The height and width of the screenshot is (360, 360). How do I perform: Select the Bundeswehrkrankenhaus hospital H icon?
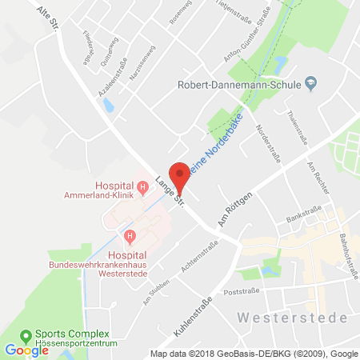tap(129, 234)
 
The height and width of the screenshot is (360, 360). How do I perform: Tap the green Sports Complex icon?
tap(26, 334)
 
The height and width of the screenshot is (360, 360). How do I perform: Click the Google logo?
tap(26, 350)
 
